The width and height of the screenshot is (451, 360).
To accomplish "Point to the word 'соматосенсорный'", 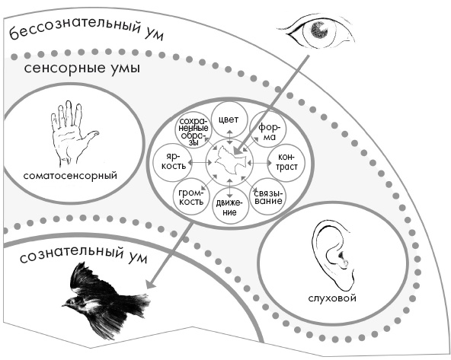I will (x=71, y=176).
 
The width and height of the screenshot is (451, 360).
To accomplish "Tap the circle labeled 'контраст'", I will (x=283, y=162).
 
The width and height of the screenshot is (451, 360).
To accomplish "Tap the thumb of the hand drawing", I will (x=91, y=137).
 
